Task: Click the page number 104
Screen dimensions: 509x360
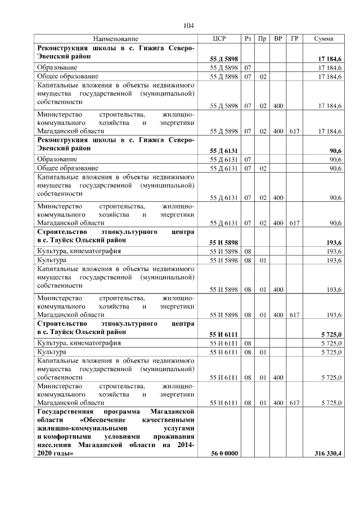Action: [x=188, y=25]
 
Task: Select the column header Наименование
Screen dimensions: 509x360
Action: [x=115, y=39]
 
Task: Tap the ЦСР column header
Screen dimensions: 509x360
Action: [x=219, y=39]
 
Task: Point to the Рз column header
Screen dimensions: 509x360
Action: [x=248, y=39]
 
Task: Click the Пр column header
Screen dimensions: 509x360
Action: [x=262, y=39]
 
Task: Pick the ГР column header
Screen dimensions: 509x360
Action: [x=294, y=39]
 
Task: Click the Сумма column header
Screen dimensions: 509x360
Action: [x=323, y=39]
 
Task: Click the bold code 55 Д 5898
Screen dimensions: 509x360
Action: [x=223, y=58]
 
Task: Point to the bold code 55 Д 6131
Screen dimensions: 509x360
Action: [x=223, y=151]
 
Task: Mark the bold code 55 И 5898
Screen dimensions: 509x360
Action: [x=223, y=242]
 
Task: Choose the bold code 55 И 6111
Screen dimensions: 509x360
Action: [x=223, y=334]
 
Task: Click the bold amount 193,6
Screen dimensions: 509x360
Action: [x=334, y=242]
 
